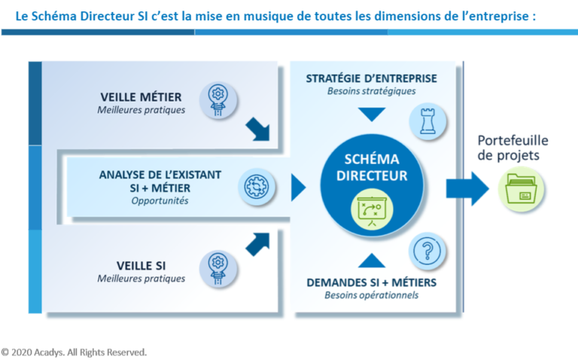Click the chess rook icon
(x=427, y=121)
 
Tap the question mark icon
(x=427, y=252)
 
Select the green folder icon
(x=522, y=189)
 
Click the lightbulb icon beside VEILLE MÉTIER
(x=218, y=100)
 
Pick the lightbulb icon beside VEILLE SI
(x=218, y=269)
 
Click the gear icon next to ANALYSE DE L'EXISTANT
(x=257, y=187)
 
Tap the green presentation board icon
(x=372, y=209)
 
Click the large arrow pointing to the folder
(x=468, y=189)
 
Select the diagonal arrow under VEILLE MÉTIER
(x=257, y=129)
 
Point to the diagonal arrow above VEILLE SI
(x=257, y=245)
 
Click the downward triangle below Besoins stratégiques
(x=372, y=114)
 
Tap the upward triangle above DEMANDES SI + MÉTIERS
(x=372, y=261)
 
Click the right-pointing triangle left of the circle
(x=299, y=188)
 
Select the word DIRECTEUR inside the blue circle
(x=372, y=175)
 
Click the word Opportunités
(x=160, y=200)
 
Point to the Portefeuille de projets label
(x=513, y=148)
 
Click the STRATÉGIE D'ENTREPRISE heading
(x=372, y=78)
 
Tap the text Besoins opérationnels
(x=372, y=295)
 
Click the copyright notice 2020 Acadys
(x=74, y=352)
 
